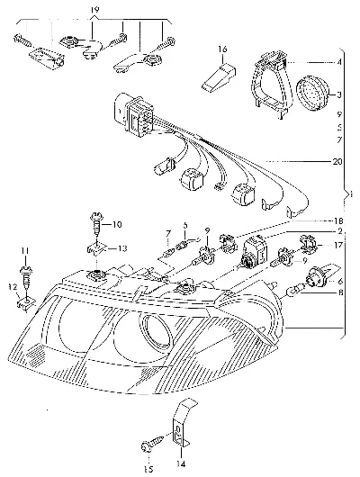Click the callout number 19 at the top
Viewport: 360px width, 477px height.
click(94, 10)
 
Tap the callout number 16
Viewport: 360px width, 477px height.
click(222, 49)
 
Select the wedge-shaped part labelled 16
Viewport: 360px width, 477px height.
click(219, 77)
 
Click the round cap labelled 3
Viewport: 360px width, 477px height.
click(314, 91)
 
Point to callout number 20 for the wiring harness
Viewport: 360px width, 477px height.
click(337, 161)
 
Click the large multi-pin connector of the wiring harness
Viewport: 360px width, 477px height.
click(133, 115)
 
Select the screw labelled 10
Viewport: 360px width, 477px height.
click(96, 224)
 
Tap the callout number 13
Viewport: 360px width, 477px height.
click(122, 248)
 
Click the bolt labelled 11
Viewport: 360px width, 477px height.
click(26, 276)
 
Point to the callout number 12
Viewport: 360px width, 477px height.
click(13, 286)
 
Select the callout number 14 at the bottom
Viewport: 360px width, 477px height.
click(180, 463)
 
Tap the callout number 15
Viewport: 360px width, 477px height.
click(148, 470)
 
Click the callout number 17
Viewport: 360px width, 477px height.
click(338, 244)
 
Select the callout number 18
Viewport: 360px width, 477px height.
click(338, 220)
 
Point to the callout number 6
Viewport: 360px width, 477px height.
click(340, 282)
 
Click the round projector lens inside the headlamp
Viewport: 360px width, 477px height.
click(156, 332)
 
